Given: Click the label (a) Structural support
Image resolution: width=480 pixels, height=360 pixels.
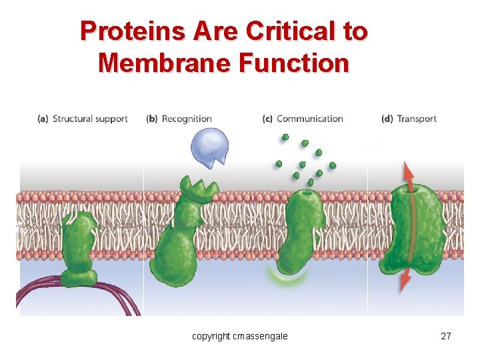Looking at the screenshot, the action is (x=83, y=119).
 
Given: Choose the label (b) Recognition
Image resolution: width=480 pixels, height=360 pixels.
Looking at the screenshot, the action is (x=179, y=119).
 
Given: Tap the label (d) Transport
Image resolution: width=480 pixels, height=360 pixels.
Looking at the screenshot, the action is (x=409, y=119).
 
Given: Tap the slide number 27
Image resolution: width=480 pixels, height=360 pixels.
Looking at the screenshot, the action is (x=446, y=336).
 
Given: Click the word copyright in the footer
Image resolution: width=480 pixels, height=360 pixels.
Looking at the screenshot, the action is (x=211, y=336).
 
